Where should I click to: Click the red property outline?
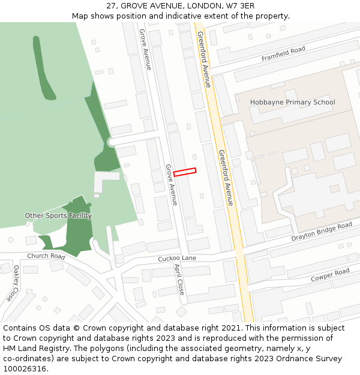(x=185, y=172)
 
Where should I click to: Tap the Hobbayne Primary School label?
(x=292, y=102)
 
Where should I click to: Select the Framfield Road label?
(x=283, y=53)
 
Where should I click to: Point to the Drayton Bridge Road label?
(x=322, y=231)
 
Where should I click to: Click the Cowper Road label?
(x=330, y=275)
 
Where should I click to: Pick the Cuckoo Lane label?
(x=177, y=259)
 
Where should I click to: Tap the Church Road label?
(x=46, y=256)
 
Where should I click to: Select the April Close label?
(x=179, y=279)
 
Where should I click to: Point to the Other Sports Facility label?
(x=58, y=215)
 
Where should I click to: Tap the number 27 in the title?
(x=112, y=5)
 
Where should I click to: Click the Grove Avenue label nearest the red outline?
(x=172, y=185)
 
